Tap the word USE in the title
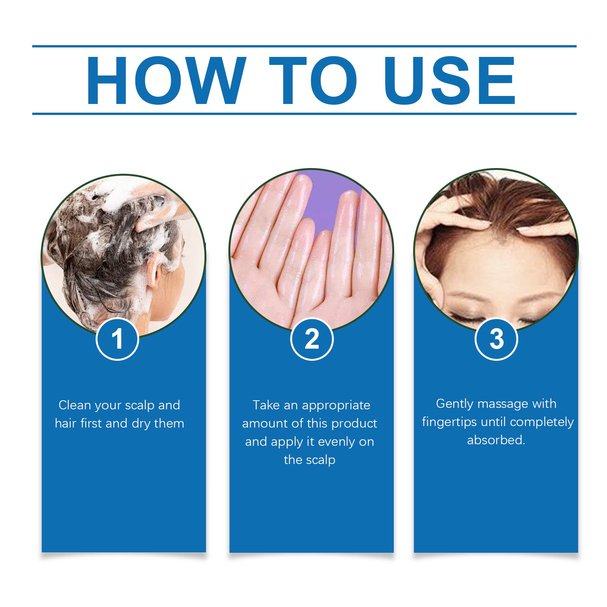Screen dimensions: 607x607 coord(449,80)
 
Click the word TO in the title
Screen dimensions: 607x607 coord(313,80)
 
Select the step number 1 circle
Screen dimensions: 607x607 coord(117,339)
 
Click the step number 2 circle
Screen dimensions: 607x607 coord(311,339)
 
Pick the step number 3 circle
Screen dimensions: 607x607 coord(496,339)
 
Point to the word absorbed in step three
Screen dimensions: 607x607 coord(495,440)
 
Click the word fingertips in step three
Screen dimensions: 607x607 coord(449,422)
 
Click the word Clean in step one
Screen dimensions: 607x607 coord(74,405)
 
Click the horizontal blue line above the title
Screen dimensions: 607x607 coord(303,46)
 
